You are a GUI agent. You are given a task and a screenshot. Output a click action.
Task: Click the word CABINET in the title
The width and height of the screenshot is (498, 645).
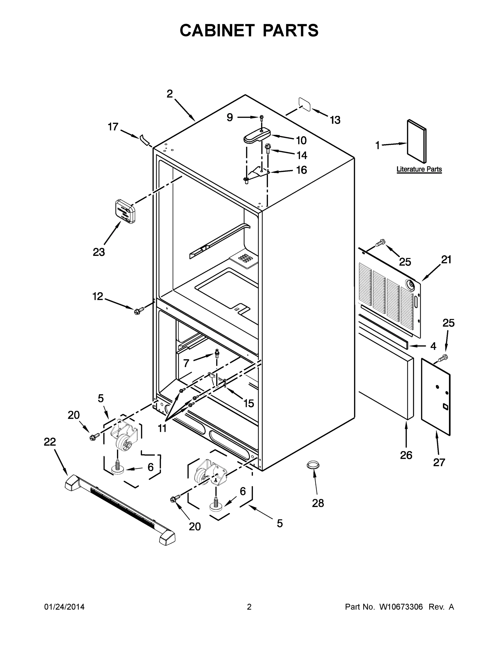(x=217, y=30)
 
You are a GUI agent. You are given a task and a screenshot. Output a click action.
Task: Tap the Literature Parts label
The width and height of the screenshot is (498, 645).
(x=419, y=169)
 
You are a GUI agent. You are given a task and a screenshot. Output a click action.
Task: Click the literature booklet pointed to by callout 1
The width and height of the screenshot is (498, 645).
(x=417, y=141)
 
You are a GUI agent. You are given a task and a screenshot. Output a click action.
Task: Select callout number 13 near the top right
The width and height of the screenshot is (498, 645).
(x=335, y=120)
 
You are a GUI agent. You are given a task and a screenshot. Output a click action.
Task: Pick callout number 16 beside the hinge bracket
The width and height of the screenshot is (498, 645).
(x=301, y=170)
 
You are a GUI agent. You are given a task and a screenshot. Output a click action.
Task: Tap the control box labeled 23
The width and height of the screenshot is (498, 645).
(x=125, y=211)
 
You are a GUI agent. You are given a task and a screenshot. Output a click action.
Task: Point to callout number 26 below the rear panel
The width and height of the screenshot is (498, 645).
(x=406, y=455)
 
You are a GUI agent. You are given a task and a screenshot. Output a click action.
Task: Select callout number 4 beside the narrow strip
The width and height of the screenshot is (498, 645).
(x=433, y=346)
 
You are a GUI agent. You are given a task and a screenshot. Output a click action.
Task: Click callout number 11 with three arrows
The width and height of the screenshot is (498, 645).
(x=162, y=428)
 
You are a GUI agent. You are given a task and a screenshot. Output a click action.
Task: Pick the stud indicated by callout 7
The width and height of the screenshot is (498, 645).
(x=217, y=353)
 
